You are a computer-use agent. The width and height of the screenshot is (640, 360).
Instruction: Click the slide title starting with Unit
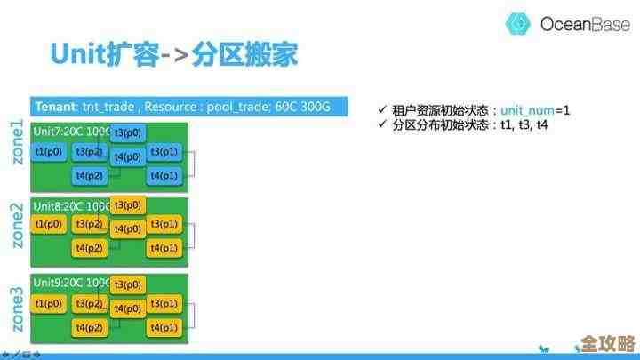click(173, 55)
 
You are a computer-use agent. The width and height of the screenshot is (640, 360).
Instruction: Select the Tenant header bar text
click(182, 107)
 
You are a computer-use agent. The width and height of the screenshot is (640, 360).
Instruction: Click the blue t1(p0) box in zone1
click(49, 152)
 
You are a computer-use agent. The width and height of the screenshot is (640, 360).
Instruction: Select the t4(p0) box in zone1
click(128, 156)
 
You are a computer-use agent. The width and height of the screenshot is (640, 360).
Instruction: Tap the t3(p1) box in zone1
click(164, 152)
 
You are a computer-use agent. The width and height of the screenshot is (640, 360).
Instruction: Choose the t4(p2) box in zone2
click(90, 247)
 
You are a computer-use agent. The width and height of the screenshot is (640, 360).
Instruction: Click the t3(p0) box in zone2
click(128, 205)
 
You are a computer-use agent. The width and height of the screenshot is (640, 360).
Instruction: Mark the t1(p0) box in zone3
click(49, 304)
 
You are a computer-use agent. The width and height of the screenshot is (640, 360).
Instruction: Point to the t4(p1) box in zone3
click(164, 328)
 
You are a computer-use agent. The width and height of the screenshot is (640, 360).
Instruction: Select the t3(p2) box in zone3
click(90, 304)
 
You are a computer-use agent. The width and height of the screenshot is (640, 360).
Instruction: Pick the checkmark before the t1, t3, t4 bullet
click(382, 125)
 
